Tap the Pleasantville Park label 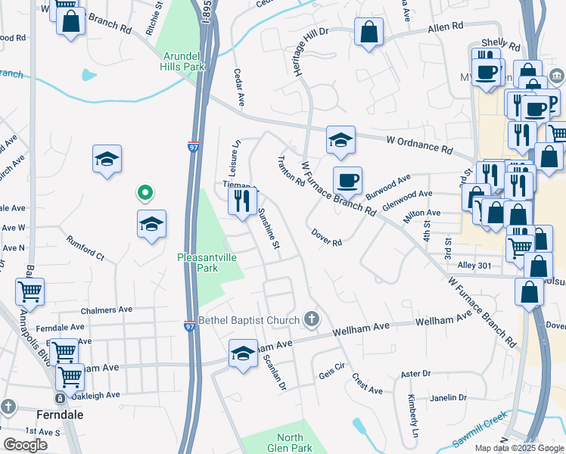207,263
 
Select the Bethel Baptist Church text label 249,320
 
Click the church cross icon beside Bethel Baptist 310,320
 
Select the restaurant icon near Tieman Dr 242,201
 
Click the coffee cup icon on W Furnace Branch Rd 348,181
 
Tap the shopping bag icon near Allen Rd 369,33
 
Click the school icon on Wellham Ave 243,353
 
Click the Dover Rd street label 327,238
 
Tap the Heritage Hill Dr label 300,53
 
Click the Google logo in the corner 25,445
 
